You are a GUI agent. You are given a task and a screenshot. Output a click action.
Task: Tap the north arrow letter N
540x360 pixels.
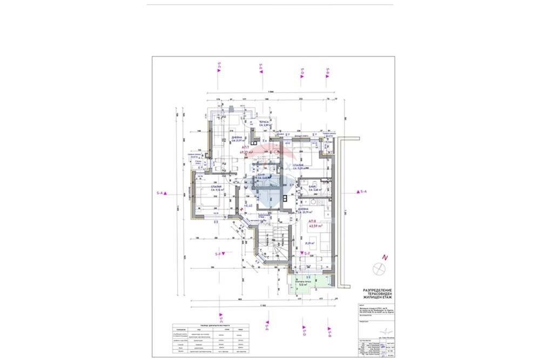384,257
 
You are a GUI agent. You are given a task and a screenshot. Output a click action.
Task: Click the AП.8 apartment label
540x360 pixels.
313,221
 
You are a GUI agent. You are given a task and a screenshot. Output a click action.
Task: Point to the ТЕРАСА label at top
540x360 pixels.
264,123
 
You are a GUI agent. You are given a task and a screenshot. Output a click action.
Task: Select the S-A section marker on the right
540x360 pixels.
361,192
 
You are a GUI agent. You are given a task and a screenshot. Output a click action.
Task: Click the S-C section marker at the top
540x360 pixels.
219,68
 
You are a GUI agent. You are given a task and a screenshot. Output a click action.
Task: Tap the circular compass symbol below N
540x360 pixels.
377,268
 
